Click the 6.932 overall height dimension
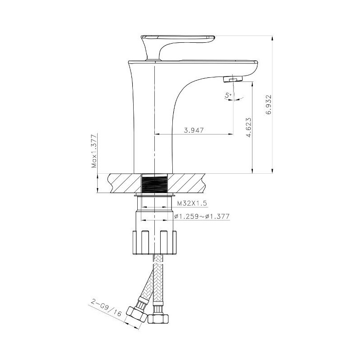269,104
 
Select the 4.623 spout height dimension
249,127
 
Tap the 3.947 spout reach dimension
194,130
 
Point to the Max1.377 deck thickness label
94,151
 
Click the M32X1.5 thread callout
193,203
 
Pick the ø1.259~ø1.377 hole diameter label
202,216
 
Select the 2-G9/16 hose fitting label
106,308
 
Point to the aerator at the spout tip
233,80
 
